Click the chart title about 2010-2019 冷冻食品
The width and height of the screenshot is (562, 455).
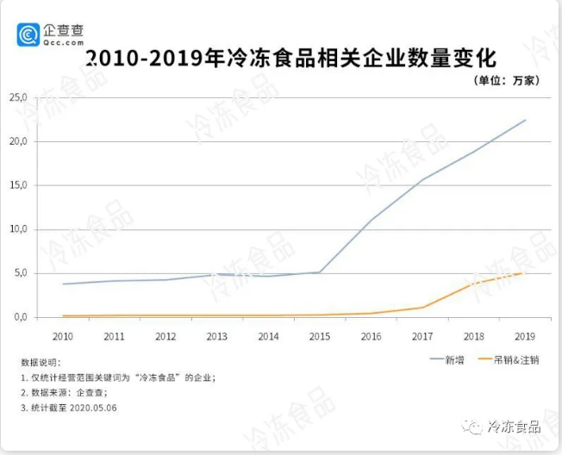click(291, 59)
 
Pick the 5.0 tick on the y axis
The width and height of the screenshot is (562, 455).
click(20, 273)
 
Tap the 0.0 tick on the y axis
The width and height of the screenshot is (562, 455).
click(20, 317)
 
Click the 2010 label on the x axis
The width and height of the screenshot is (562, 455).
click(62, 335)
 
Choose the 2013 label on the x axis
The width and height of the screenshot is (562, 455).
click(216, 335)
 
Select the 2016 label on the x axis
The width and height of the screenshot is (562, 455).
click(371, 335)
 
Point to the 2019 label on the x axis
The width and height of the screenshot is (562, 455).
click(525, 335)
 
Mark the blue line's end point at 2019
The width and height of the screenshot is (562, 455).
click(525, 120)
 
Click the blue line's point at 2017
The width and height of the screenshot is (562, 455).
click(422, 179)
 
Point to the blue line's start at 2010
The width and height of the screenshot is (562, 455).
click(62, 284)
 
